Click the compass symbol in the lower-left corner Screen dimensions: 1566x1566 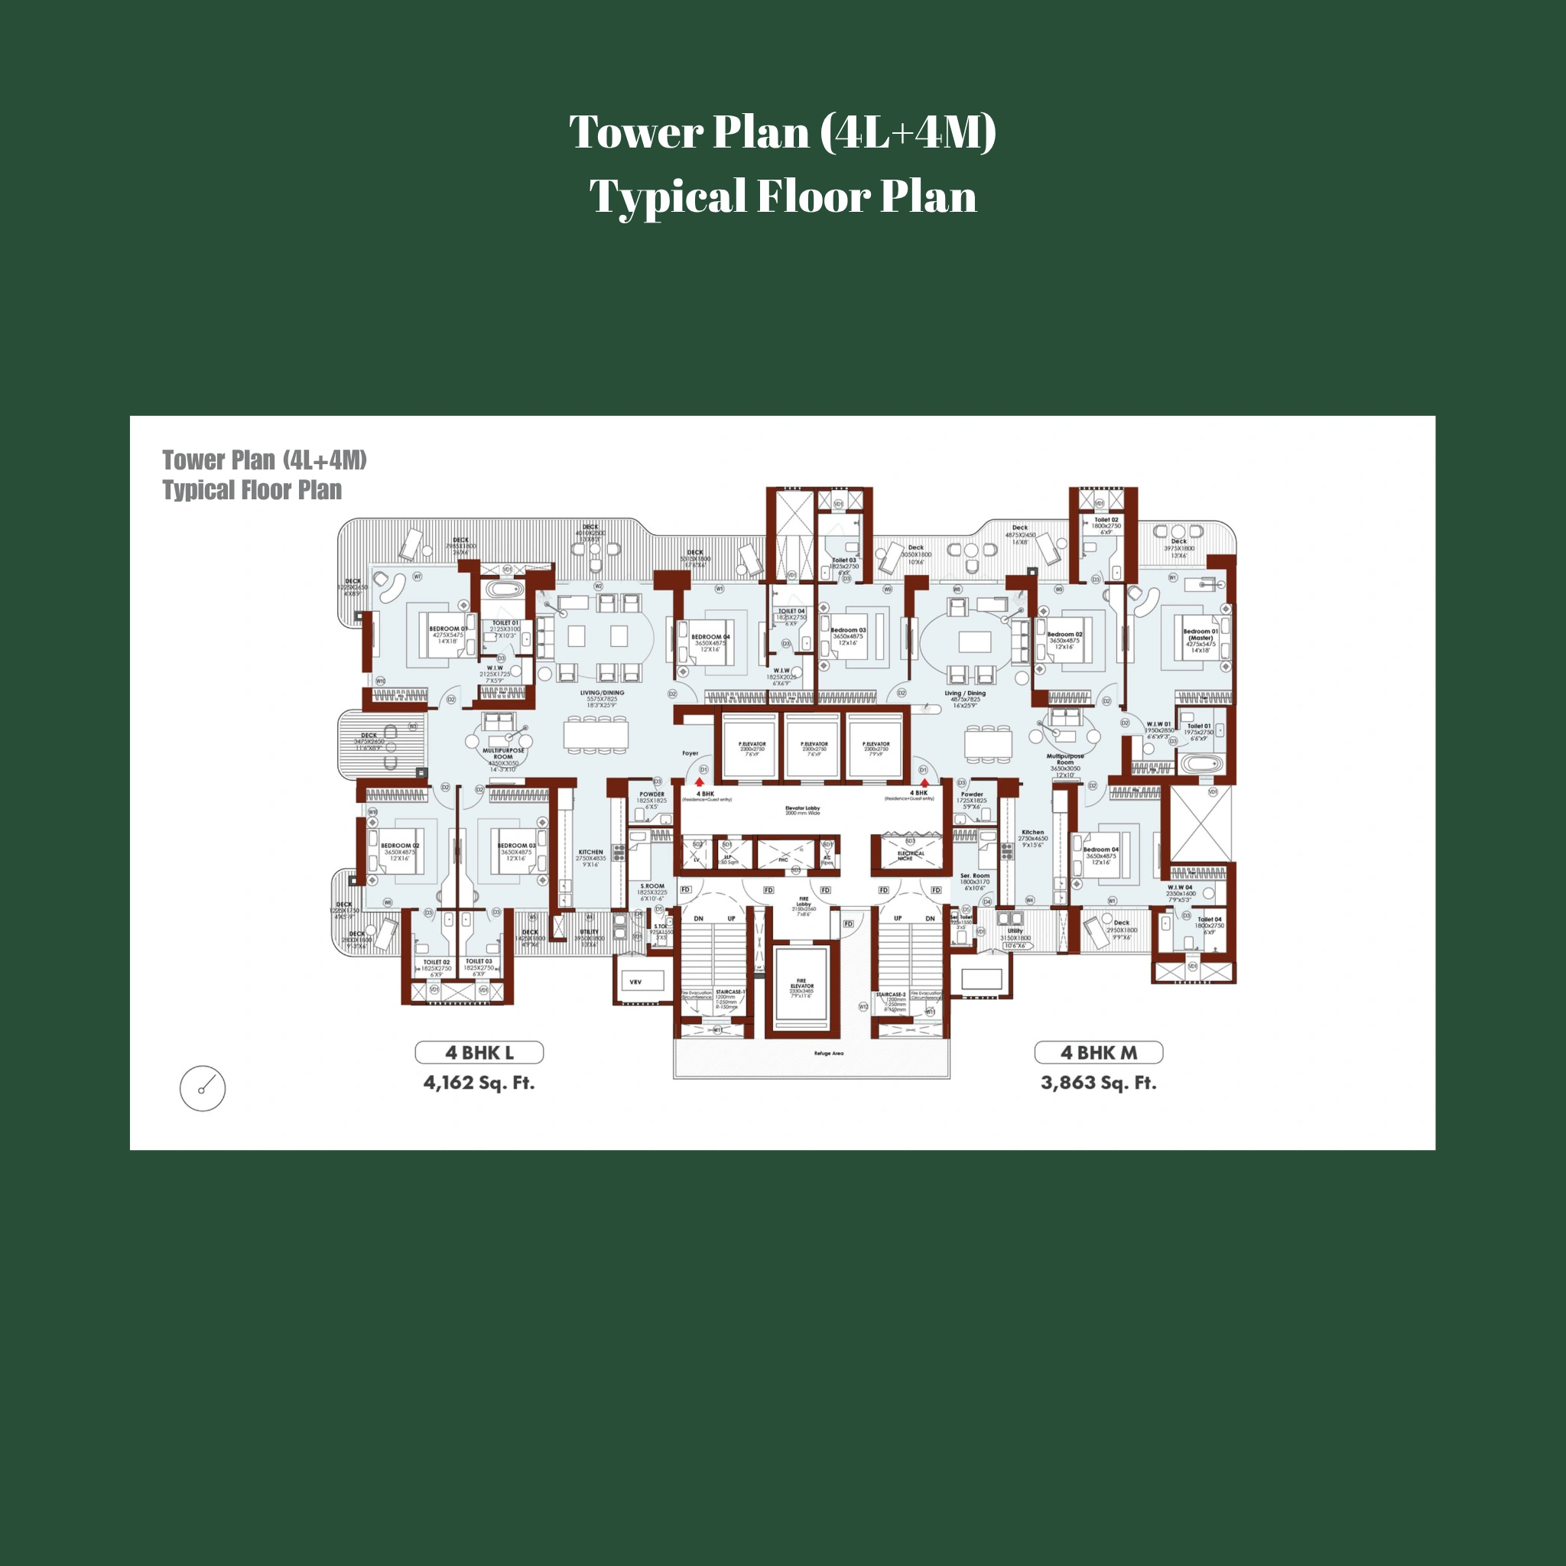click(203, 1088)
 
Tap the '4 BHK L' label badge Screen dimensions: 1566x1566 click(479, 1052)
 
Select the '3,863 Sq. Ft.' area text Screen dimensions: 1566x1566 click(1098, 1083)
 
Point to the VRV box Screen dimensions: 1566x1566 click(636, 982)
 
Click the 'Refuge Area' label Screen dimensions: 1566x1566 click(828, 1054)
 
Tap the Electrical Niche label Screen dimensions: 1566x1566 click(910, 855)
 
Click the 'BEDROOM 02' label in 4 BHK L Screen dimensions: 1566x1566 click(400, 846)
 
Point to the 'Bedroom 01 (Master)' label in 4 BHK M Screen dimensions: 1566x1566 click(1200, 634)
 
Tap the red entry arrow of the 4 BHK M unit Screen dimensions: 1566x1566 click(925, 782)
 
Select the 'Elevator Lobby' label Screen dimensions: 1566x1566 click(802, 808)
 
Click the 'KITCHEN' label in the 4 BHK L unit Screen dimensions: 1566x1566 click(590, 852)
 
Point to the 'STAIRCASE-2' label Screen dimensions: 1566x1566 click(891, 994)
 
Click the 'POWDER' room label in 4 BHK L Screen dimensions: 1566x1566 click(651, 794)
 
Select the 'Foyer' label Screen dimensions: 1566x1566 click(690, 753)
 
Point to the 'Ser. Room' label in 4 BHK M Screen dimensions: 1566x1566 click(974, 876)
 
